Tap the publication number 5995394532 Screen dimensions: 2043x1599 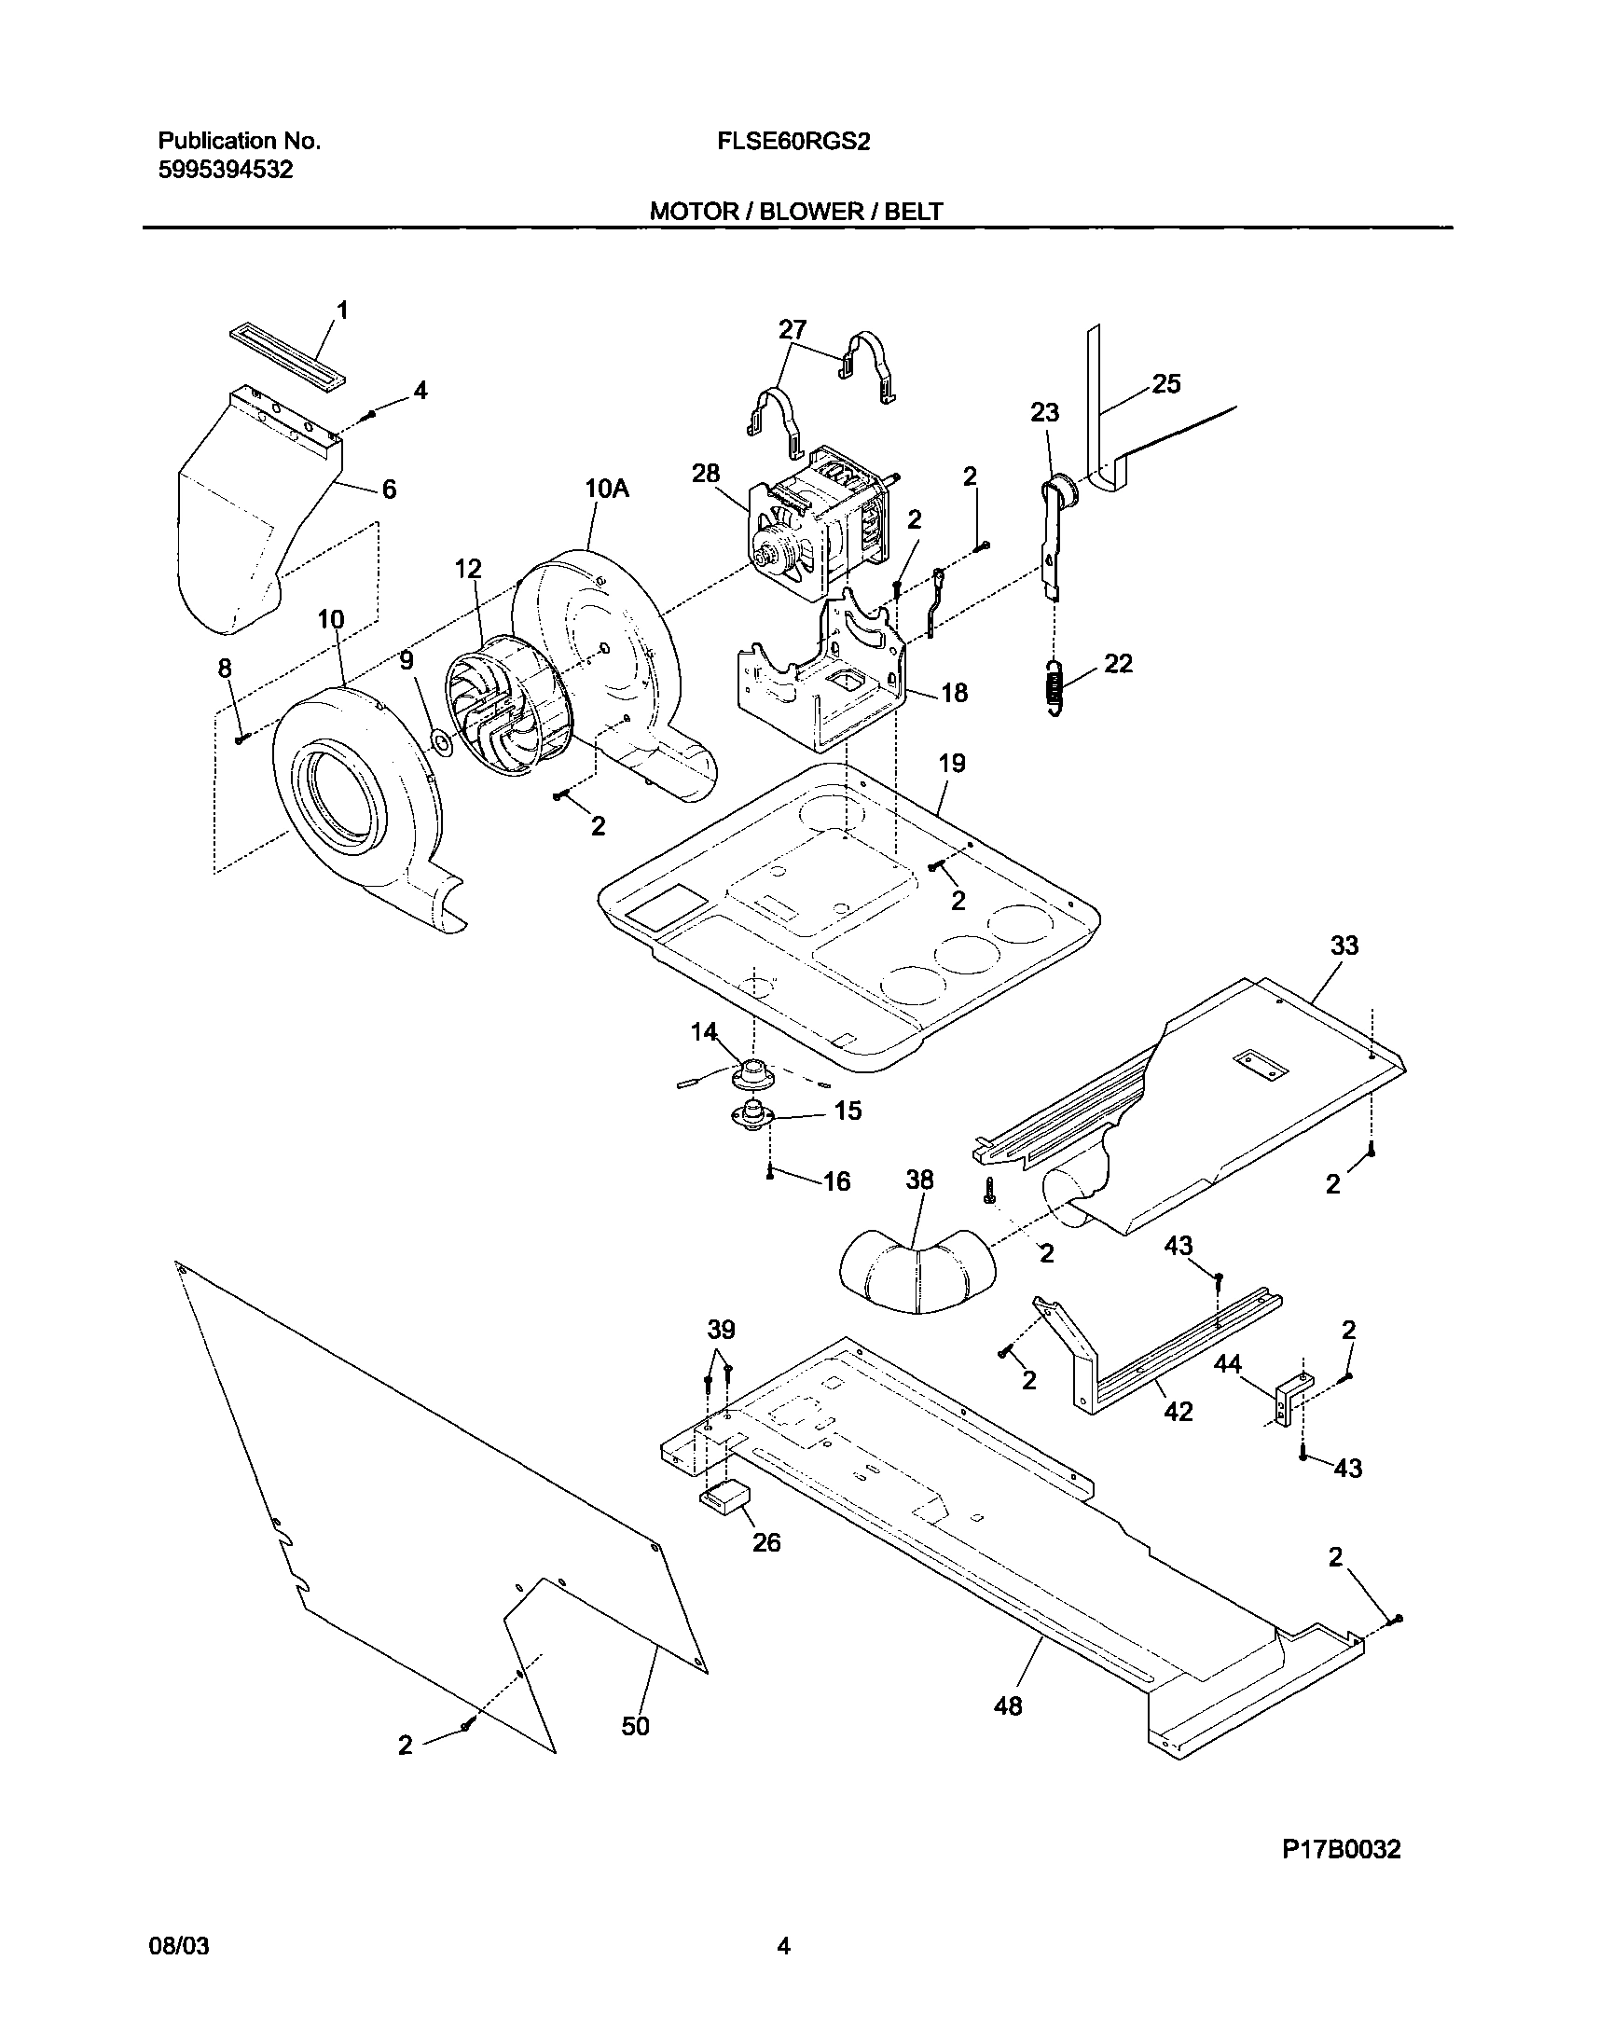click(225, 171)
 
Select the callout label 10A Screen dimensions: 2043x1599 click(607, 489)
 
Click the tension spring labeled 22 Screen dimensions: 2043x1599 click(1055, 687)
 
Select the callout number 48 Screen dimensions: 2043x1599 click(1007, 1706)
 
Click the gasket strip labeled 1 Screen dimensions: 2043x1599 click(286, 358)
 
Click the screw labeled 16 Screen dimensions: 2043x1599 click(768, 1174)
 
